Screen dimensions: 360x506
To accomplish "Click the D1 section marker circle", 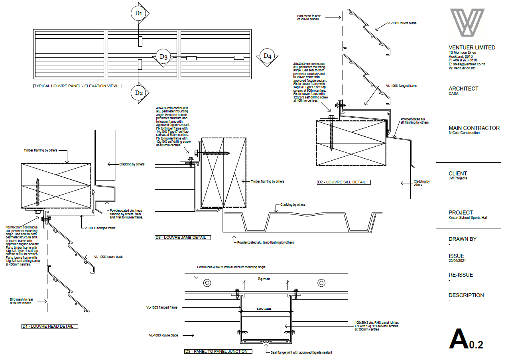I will (138, 13).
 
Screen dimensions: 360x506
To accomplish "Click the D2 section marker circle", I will (138, 93).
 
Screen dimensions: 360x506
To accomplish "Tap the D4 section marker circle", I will (267, 56).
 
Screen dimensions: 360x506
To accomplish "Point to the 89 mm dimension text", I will (264, 279).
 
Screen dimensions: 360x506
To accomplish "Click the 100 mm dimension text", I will (264, 309).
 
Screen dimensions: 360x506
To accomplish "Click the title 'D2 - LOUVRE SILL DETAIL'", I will (344, 182).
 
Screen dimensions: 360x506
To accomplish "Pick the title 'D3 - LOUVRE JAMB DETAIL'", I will (183, 238).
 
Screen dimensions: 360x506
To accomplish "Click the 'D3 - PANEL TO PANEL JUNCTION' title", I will (219, 351).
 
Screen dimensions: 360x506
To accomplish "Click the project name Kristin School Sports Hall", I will (468, 218).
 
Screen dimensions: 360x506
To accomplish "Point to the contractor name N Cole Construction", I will (464, 133).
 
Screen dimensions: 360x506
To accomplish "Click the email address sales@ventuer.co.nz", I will (467, 64).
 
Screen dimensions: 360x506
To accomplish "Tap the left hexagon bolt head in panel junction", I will (207, 283).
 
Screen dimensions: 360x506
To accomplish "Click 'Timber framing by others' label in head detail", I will (40, 150).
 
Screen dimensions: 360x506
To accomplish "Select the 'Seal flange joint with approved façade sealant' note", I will (301, 352).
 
